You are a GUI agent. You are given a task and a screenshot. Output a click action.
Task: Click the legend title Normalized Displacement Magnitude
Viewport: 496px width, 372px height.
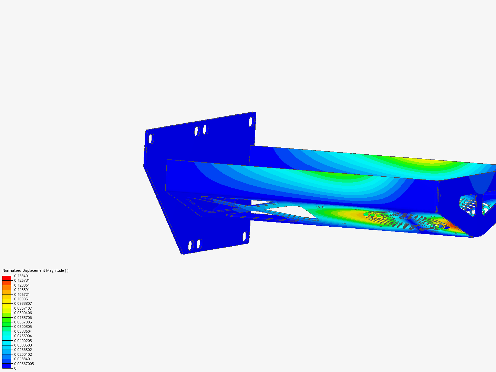pyautogui.click(x=35, y=270)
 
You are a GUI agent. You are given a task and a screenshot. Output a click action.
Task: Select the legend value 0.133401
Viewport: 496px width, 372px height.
pyautogui.click(x=22, y=276)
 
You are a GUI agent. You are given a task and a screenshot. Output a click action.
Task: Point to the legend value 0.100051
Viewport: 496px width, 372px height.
pyautogui.click(x=22, y=299)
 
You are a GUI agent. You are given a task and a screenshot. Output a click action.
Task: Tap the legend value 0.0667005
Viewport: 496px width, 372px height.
pyautogui.click(x=23, y=322)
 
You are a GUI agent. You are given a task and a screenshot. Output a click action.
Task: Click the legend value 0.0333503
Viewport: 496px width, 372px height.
pyautogui.click(x=23, y=345)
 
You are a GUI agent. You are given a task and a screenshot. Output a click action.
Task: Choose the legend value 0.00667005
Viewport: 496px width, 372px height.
pyautogui.click(x=24, y=364)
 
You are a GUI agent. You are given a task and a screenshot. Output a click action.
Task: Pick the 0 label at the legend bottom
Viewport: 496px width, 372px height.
pyautogui.click(x=15, y=368)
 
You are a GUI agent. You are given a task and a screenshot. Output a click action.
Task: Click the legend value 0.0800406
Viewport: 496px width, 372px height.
pyautogui.click(x=23, y=313)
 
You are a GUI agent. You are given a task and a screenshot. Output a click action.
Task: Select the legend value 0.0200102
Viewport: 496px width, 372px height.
pyautogui.click(x=23, y=354)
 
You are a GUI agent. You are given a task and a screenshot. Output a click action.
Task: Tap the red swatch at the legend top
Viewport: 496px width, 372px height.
pyautogui.click(x=7, y=278)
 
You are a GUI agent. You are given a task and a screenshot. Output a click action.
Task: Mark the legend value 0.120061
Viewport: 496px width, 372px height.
pyautogui.click(x=22, y=285)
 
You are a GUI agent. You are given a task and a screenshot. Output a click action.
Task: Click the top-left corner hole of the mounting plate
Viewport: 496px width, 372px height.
pyautogui.click(x=151, y=139)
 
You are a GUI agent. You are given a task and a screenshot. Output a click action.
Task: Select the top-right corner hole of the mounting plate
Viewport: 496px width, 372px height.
pyautogui.click(x=251, y=122)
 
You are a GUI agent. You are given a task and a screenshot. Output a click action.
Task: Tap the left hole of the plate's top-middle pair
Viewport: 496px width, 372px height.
pyautogui.click(x=197, y=131)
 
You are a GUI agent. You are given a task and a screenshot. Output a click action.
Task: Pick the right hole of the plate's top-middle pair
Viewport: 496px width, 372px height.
pyautogui.click(x=205, y=130)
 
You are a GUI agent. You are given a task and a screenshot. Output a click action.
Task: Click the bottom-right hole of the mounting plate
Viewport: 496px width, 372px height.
pyautogui.click(x=245, y=237)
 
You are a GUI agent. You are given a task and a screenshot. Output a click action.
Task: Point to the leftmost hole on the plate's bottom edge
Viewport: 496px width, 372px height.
pyautogui.click(x=190, y=246)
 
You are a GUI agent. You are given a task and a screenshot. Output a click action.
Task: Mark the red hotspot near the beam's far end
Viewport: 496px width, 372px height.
pyautogui.click(x=454, y=227)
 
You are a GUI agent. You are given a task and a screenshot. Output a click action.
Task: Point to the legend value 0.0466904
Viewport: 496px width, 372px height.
pyautogui.click(x=23, y=336)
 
